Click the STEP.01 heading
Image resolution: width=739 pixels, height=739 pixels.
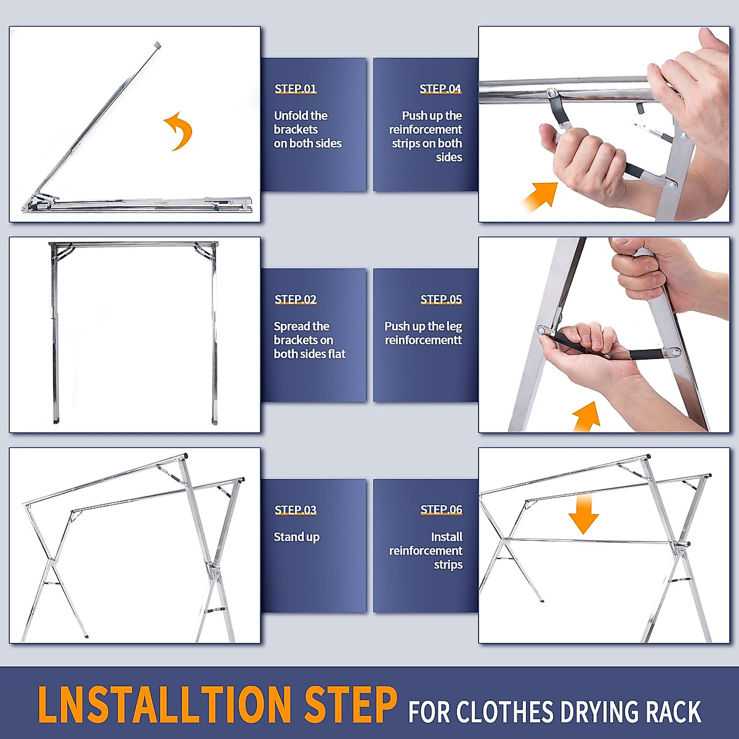(x=296, y=89)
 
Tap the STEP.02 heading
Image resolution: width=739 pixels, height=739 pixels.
(x=296, y=299)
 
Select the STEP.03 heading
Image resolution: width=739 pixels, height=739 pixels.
(x=296, y=510)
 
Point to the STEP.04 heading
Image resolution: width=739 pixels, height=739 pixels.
(x=440, y=89)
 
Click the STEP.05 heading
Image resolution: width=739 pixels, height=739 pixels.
(x=441, y=299)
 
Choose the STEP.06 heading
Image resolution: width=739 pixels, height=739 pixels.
(x=441, y=510)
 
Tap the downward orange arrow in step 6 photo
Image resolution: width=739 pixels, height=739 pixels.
(x=583, y=514)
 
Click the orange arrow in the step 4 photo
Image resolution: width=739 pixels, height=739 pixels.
(x=540, y=196)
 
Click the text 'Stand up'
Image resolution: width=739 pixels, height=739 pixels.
(x=296, y=537)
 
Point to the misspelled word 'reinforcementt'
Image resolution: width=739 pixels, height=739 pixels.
(x=423, y=340)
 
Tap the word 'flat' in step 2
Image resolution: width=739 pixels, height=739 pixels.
(x=336, y=353)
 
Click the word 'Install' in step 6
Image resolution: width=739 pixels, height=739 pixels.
(x=446, y=536)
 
